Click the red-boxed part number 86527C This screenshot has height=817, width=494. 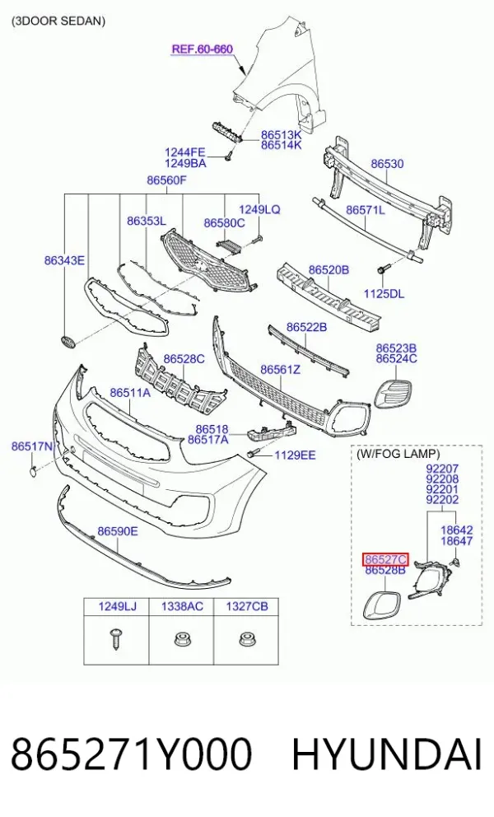point(385,559)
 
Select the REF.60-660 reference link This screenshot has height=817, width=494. point(203,49)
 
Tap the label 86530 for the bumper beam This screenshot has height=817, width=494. point(387,164)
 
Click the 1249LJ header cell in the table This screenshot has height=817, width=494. point(117,606)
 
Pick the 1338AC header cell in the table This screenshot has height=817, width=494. point(182,606)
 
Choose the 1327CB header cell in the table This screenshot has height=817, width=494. point(246,606)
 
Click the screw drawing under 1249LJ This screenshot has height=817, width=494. point(116,638)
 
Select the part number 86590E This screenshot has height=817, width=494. point(118,531)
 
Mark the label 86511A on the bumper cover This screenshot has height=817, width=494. point(130,392)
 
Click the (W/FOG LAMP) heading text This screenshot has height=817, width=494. point(398,454)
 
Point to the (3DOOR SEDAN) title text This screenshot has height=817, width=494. point(58,21)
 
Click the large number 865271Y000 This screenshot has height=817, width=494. point(131,754)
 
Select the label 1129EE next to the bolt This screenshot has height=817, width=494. point(295,455)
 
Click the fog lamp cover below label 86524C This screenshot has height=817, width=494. point(393,394)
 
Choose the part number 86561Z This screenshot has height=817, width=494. point(281,370)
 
